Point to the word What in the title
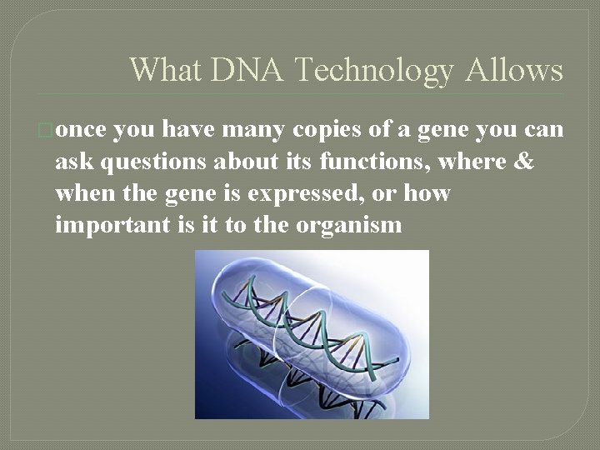click(165, 70)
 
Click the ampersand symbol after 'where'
click(524, 162)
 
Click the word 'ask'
click(72, 162)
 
